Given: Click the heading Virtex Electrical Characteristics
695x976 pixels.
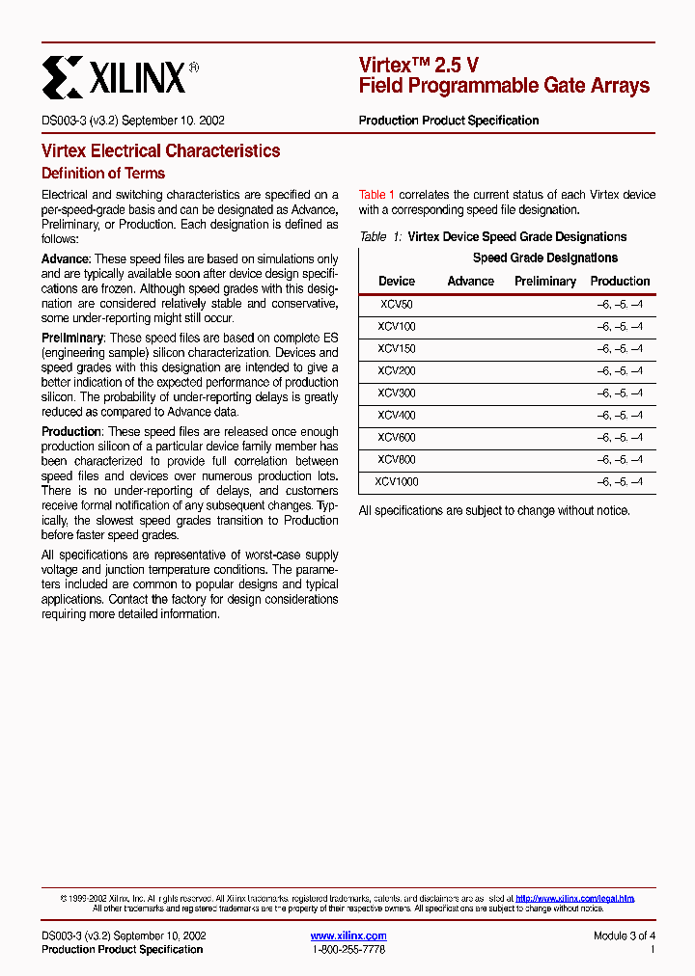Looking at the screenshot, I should point(160,150).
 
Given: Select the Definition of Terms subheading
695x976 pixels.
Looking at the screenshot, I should point(103,174).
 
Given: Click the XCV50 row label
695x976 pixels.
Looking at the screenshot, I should point(396,304).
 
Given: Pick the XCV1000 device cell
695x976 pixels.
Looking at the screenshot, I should point(396,481).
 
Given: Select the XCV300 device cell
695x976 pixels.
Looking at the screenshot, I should point(396,393).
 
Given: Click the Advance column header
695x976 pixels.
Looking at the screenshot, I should point(470,281).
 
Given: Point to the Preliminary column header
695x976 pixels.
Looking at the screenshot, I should point(544,281).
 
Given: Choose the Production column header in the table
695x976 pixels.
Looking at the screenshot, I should point(620,281).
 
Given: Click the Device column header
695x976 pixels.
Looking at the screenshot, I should point(396,281).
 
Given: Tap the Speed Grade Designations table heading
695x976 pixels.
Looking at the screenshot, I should point(544,258).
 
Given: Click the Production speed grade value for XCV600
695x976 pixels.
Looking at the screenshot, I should point(619,438).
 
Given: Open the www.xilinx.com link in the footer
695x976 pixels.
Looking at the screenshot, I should point(348,935).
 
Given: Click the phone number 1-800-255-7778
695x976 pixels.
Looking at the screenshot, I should point(348,950).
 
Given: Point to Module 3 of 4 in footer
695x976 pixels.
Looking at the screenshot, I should point(624,935).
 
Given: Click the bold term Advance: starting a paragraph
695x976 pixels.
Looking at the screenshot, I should point(66,259).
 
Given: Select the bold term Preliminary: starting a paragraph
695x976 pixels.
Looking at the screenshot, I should point(72,339).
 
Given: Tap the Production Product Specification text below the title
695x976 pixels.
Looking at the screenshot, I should point(448,121).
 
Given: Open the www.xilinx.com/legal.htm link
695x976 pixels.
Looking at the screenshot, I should point(574,898).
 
